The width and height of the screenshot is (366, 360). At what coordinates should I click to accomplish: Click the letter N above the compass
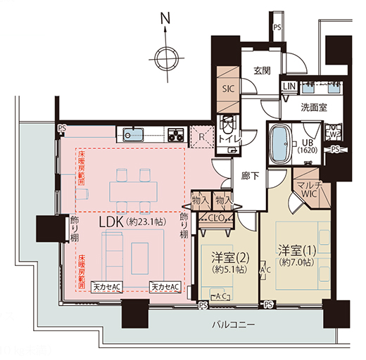pyautogui.click(x=163, y=17)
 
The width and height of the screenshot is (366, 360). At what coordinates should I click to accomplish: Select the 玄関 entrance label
pyautogui.click(x=263, y=71)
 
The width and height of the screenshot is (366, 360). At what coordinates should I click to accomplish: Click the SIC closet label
pyautogui.click(x=229, y=89)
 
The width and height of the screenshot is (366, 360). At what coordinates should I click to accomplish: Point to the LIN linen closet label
pyautogui.click(x=290, y=86)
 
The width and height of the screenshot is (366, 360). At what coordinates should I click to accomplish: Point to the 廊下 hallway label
pyautogui.click(x=248, y=176)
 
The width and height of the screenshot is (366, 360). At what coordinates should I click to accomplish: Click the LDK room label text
pyautogui.click(x=137, y=221)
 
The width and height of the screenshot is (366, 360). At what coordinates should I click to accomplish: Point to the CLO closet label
pyautogui.click(x=217, y=218)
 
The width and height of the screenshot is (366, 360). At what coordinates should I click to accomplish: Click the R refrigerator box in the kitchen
pyautogui.click(x=202, y=135)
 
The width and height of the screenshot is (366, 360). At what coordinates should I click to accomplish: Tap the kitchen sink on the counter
pyautogui.click(x=132, y=133)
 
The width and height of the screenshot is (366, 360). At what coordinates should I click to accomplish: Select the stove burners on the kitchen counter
pyautogui.click(x=176, y=133)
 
